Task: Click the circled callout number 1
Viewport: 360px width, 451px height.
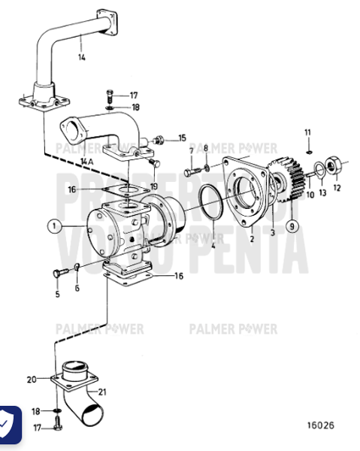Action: pyautogui.click(x=54, y=225)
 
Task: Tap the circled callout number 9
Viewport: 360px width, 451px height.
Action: pyautogui.click(x=292, y=224)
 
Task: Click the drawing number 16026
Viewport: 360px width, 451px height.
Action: pyautogui.click(x=319, y=425)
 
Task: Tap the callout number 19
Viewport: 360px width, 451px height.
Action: pyautogui.click(x=153, y=186)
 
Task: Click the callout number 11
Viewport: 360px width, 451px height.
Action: pyautogui.click(x=307, y=132)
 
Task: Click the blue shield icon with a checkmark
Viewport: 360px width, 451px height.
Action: pyautogui.click(x=10, y=425)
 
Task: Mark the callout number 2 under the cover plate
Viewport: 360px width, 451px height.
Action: pyautogui.click(x=252, y=239)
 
